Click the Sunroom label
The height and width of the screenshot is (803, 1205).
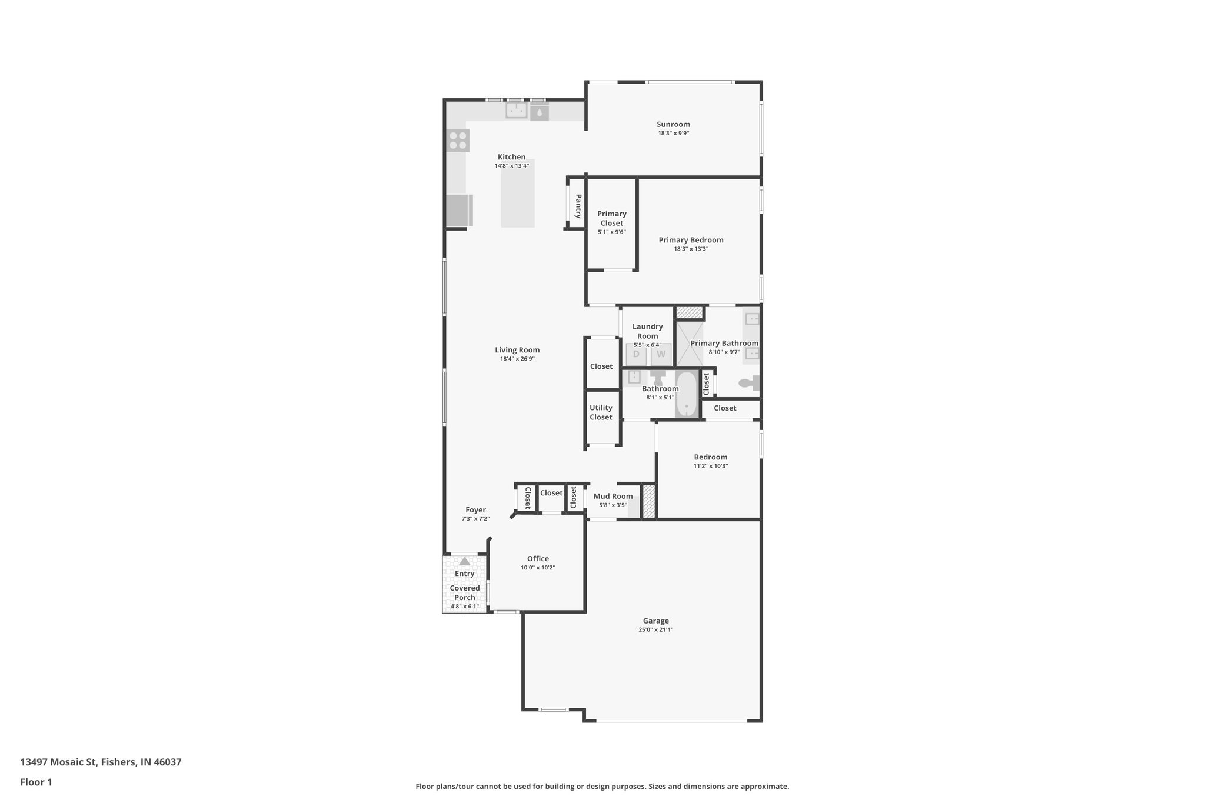click(673, 124)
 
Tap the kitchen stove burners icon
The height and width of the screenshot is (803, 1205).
click(458, 141)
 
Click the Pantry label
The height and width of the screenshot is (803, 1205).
click(578, 206)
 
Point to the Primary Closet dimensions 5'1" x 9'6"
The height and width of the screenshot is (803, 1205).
click(611, 232)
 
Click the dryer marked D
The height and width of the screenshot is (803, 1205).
click(636, 354)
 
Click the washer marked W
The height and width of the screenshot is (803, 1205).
click(661, 354)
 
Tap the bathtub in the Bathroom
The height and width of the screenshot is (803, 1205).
click(686, 394)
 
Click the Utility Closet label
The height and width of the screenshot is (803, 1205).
click(601, 412)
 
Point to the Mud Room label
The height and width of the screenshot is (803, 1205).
click(613, 496)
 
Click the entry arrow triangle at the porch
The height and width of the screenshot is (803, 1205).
click(464, 562)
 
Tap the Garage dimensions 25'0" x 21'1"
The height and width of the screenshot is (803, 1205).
click(655, 629)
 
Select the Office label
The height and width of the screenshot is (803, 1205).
click(538, 559)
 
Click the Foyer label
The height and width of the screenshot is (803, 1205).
click(475, 510)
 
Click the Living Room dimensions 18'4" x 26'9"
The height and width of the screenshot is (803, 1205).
click(517, 359)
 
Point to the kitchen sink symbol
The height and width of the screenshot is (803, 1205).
click(517, 111)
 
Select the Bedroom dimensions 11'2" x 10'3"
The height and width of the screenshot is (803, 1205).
click(710, 466)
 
